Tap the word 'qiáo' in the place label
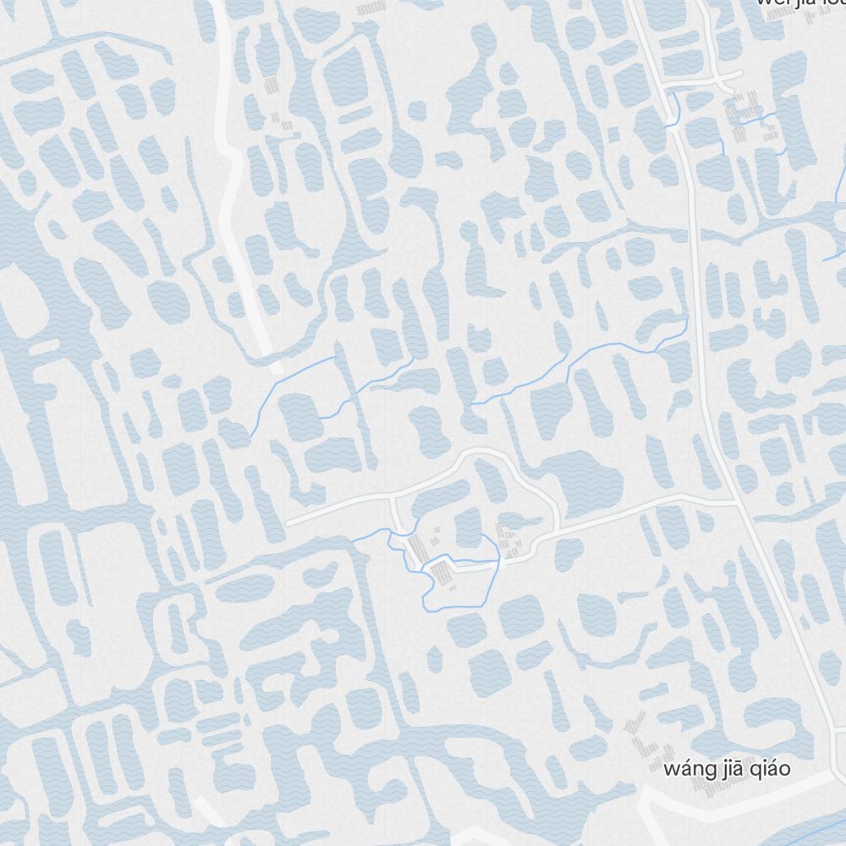768,769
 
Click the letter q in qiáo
752,771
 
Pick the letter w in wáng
672,769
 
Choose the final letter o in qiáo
784,769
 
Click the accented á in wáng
685,768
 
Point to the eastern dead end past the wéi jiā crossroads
741,74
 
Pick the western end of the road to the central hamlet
288,523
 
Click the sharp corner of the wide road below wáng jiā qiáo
645,791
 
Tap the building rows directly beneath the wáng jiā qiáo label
711,787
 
